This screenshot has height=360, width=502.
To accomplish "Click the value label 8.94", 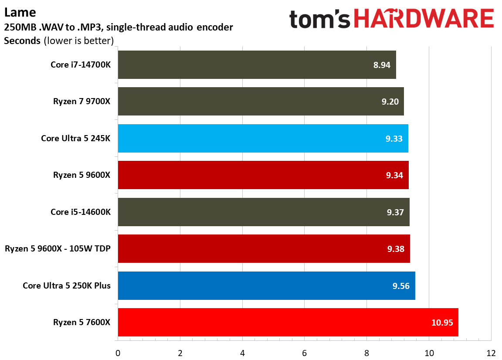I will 382,65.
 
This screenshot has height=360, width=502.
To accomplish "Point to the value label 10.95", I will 442,323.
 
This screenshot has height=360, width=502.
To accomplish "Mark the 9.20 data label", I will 390,102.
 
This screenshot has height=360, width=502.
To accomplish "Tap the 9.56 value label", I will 401,286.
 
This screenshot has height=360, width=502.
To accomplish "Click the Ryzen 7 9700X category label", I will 82,102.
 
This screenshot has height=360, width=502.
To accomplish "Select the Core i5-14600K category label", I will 81,212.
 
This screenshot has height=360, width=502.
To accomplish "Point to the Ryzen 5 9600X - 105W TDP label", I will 58,249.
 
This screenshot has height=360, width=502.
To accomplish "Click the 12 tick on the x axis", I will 491,353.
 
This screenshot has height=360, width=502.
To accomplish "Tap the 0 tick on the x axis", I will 118,353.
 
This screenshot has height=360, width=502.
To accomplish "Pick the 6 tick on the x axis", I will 304,353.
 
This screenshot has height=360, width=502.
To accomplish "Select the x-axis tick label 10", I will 429,353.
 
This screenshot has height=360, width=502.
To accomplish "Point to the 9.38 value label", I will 395,249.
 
